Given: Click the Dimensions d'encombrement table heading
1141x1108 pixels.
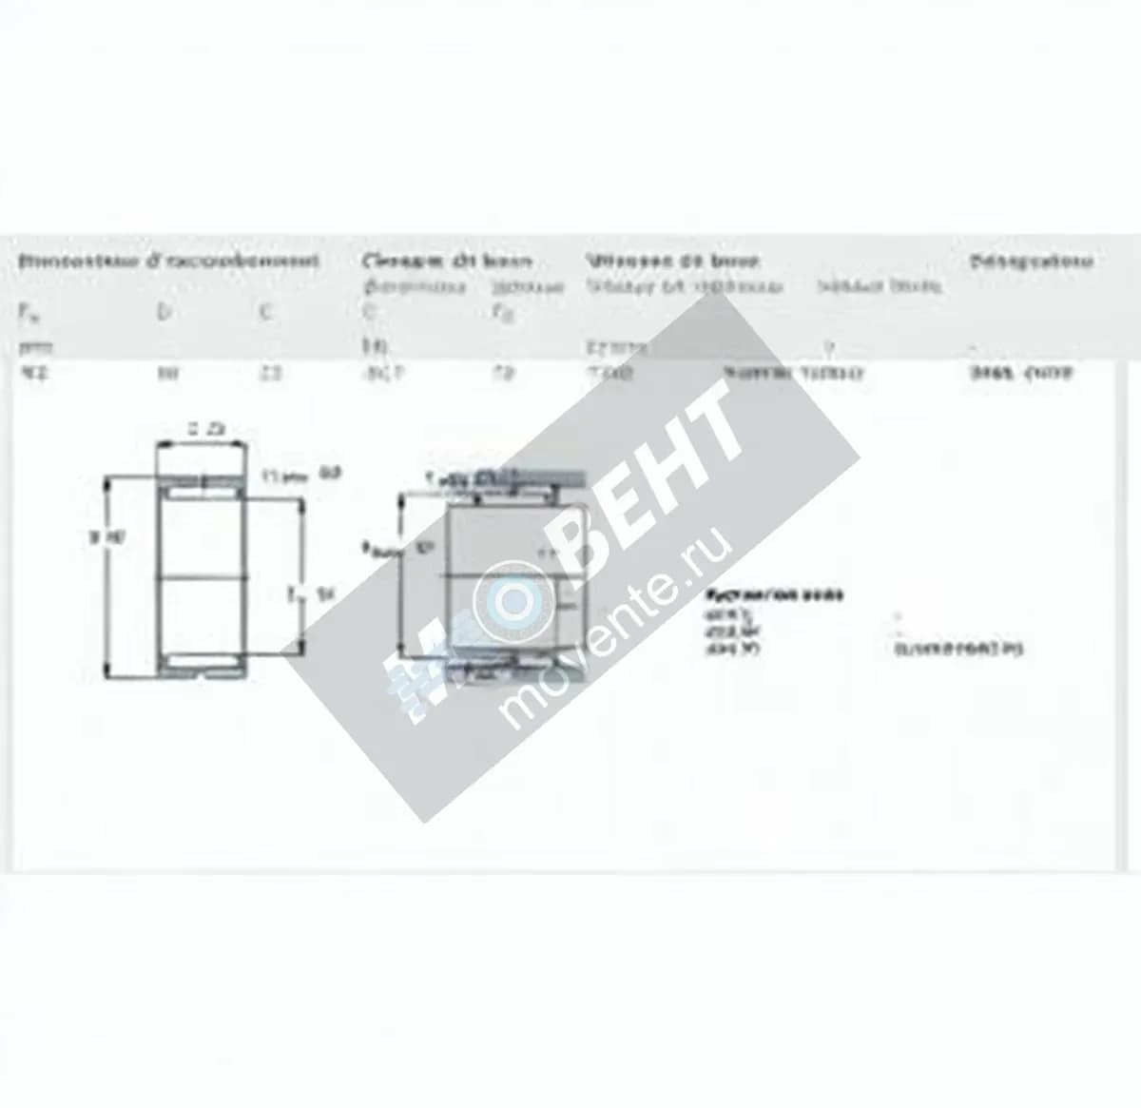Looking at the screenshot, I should point(169,261).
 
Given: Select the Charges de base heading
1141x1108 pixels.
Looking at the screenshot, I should point(447,261).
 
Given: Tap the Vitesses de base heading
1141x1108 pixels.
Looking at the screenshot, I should point(672,260).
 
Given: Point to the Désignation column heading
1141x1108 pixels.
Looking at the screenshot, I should point(1031,261).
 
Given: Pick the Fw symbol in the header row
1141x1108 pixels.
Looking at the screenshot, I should point(25,311).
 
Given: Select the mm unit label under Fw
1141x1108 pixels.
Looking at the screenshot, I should point(31,348).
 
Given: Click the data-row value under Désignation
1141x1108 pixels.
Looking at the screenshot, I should point(1021,374).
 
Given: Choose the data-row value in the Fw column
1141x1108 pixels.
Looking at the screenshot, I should point(35,374).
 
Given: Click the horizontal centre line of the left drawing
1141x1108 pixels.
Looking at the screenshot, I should point(203,575).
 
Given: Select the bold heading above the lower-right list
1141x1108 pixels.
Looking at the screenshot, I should point(774,595).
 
